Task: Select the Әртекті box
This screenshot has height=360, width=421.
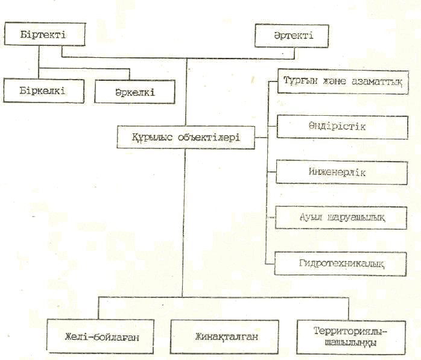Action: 293,36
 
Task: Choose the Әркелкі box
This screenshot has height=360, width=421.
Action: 135,92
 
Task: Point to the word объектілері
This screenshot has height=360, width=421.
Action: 210,137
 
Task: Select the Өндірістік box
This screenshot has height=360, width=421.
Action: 338,127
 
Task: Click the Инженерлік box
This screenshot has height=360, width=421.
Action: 338,171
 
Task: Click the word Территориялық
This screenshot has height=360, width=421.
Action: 350,331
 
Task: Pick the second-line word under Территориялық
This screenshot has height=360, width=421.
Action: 350,342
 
